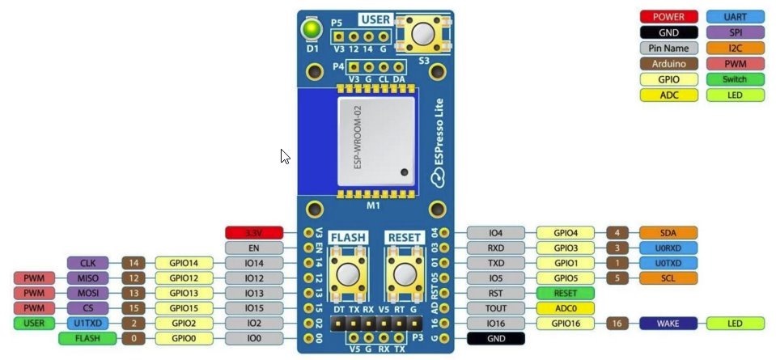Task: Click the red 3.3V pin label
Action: pyautogui.click(x=253, y=233)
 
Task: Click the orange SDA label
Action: pyautogui.click(x=668, y=233)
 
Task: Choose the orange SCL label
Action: pyautogui.click(x=668, y=278)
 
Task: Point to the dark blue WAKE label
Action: pyautogui.click(x=668, y=324)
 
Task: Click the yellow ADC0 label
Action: pyautogui.click(x=565, y=308)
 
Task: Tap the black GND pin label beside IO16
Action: pyautogui.click(x=496, y=338)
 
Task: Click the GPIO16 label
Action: pyautogui.click(x=565, y=324)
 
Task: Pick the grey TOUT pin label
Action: pyautogui.click(x=496, y=308)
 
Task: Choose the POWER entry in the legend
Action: pyautogui.click(x=668, y=16)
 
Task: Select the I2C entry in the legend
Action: pyautogui.click(x=735, y=48)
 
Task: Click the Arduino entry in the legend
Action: pyautogui.click(x=668, y=63)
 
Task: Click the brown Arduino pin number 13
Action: pyautogui.click(x=134, y=293)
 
